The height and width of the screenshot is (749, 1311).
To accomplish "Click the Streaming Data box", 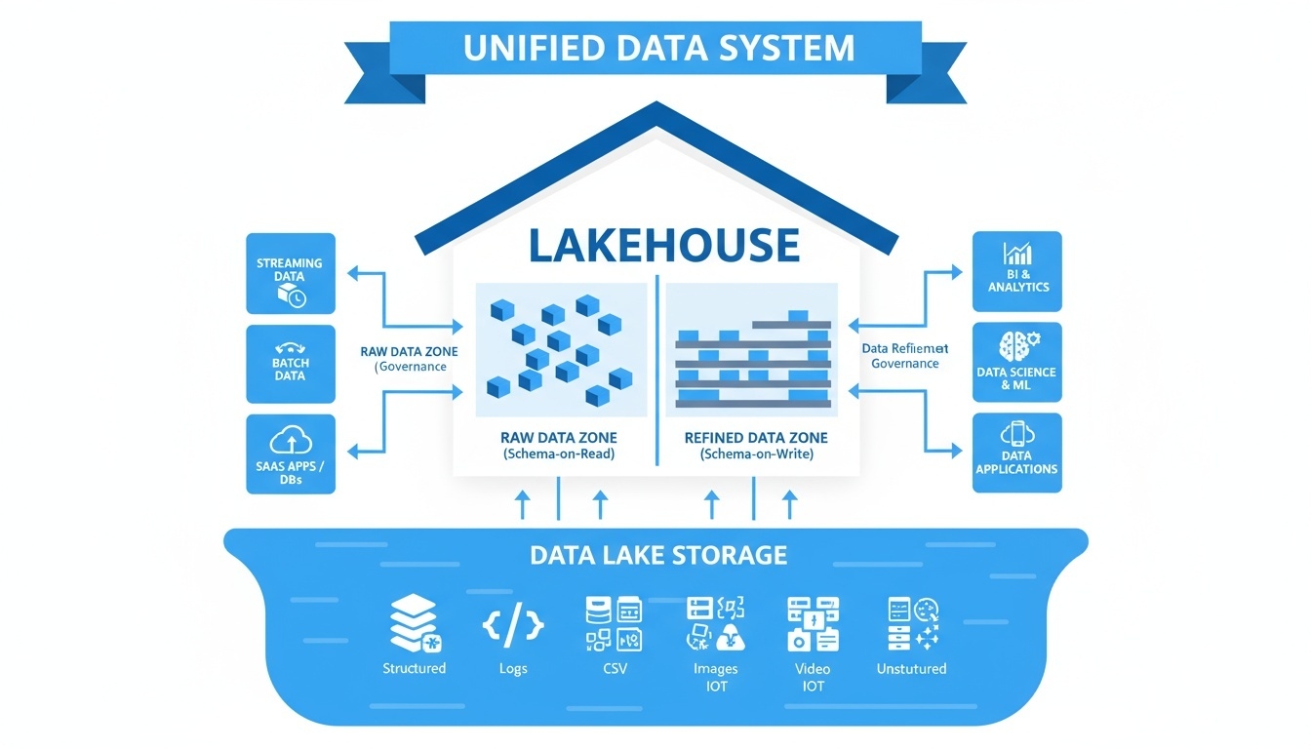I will [x=291, y=273].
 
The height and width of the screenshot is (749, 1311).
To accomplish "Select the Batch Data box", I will [x=291, y=364].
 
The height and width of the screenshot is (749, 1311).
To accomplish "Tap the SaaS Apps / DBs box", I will [x=291, y=453].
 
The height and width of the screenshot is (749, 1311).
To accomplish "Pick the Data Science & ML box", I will [x=1017, y=362].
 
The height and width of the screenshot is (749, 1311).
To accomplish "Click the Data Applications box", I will [x=1017, y=453].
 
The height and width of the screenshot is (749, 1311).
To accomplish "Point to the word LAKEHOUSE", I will [x=663, y=245].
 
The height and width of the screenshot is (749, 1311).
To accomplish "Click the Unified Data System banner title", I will [x=659, y=48].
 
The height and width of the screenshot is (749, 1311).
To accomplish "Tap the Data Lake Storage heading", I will [x=658, y=555].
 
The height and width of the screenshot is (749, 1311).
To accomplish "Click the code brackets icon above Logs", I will [x=513, y=625].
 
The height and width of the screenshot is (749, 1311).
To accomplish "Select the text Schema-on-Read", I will [x=560, y=454].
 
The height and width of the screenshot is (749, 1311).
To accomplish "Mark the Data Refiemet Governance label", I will [x=905, y=356].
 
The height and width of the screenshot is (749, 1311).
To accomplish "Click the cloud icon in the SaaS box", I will [x=290, y=442].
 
